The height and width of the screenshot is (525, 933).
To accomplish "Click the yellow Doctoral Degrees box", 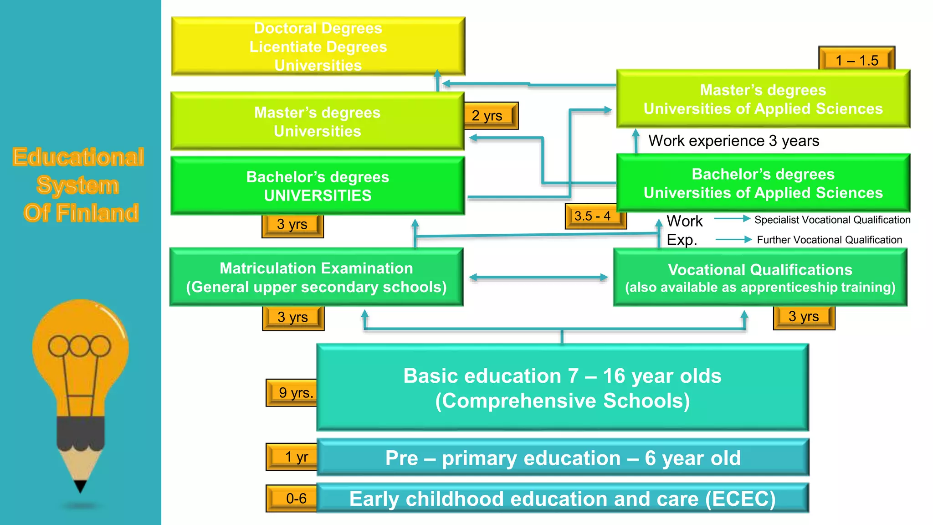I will coord(318,46).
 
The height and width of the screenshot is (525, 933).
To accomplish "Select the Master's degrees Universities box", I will coord(318,121).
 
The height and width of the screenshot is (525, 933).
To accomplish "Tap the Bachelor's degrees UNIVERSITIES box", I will coord(318,185).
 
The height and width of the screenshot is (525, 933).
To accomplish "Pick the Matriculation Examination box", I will coord(316,277).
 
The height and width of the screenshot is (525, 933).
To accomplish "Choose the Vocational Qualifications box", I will coord(760,278).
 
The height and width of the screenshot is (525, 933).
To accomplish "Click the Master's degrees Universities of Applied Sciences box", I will coord(763,99).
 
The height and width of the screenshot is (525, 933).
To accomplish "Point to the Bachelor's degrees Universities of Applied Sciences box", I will coord(763,183).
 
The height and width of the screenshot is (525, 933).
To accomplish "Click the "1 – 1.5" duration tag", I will coord(856,60).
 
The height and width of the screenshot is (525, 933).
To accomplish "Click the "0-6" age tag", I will coord(293,498).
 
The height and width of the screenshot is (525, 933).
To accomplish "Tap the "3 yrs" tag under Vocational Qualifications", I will coord(804,317).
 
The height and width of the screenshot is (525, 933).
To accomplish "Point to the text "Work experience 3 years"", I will coord(733,141).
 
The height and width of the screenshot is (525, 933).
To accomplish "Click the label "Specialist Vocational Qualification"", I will coord(832,220).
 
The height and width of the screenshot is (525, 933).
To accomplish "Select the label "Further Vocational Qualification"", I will coord(829,240).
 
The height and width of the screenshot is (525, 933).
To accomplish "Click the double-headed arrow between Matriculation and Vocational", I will coord(538,277).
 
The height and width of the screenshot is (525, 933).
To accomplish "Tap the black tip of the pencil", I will coord(81,487).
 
